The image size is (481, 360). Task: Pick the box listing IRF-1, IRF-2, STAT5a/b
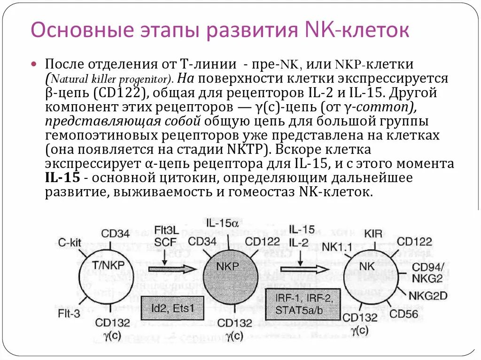pos(303,304)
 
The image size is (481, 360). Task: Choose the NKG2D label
pos(427,296)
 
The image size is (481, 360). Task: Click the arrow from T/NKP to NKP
pos(171,269)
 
